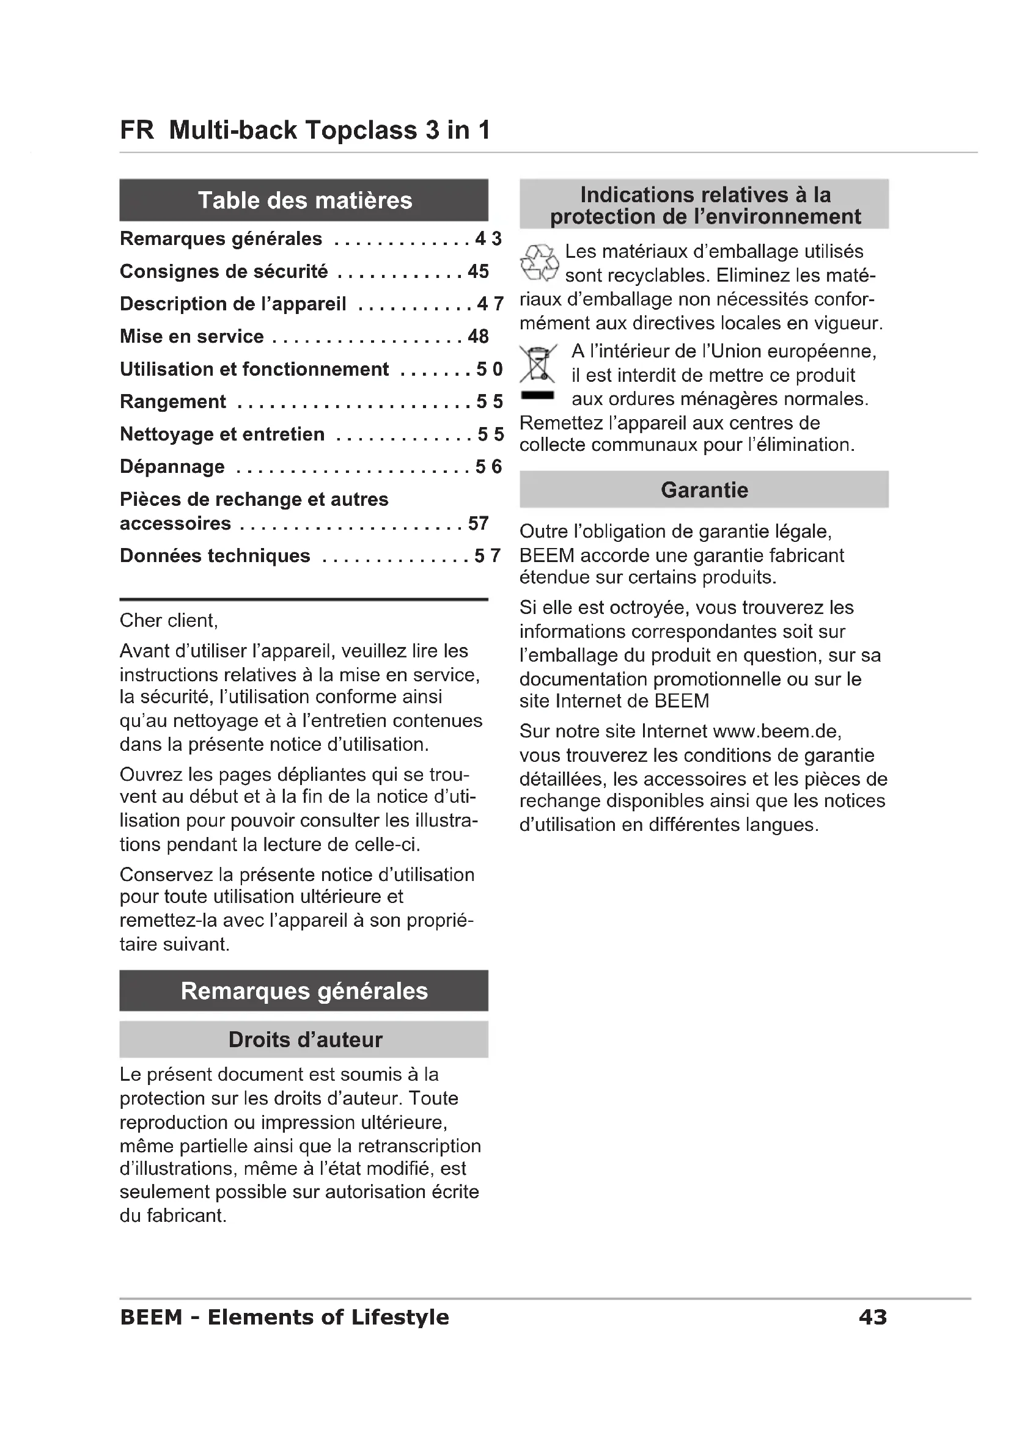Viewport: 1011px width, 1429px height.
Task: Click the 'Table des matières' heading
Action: (304, 200)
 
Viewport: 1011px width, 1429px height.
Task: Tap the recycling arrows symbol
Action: (539, 263)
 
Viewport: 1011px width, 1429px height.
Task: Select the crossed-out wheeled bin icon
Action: (537, 364)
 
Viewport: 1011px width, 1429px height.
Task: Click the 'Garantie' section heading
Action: (704, 490)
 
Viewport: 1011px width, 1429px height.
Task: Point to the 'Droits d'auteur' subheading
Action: (304, 1039)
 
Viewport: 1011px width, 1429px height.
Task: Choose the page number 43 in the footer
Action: (872, 1317)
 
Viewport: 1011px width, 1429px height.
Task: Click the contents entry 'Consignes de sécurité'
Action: (224, 271)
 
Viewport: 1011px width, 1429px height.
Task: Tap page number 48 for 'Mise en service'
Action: (478, 336)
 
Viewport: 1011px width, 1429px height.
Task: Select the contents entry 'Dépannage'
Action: (172, 466)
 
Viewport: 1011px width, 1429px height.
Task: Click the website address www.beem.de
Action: (776, 731)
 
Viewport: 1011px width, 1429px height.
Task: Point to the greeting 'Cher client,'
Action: (169, 621)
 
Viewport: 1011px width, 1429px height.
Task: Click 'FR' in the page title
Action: (136, 130)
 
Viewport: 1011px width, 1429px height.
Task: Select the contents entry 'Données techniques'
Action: (215, 555)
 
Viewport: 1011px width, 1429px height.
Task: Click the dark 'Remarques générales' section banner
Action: (304, 991)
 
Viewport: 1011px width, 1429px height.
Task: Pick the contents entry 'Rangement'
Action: (173, 401)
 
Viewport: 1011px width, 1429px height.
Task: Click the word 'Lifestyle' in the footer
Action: (400, 1317)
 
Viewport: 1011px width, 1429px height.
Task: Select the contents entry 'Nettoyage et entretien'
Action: (222, 434)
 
